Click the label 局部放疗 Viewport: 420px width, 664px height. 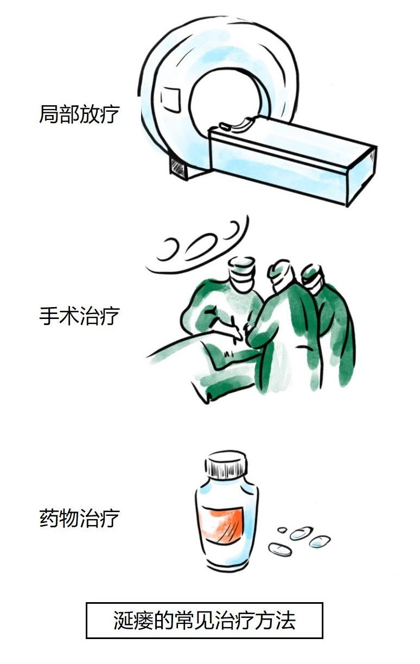click(79, 114)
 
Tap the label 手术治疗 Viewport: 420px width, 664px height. click(79, 316)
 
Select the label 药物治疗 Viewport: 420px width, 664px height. click(79, 518)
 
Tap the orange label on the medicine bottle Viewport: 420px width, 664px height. click(222, 526)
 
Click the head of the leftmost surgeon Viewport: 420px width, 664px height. click(241, 274)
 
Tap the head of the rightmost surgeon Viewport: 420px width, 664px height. click(313, 278)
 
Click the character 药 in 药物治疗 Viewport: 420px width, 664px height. click(49, 518)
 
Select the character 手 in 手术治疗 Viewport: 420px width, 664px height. click(49, 316)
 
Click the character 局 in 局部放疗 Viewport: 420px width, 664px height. click(49, 114)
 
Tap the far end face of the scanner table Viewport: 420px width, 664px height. click(361, 176)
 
